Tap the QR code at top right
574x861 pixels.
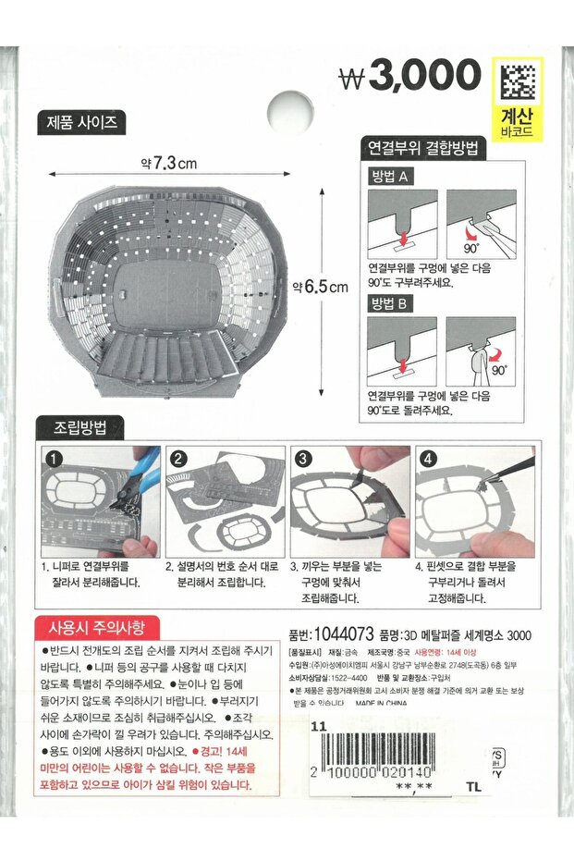tap(518, 82)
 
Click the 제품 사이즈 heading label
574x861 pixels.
tap(80, 123)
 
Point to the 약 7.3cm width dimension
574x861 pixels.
tap(169, 163)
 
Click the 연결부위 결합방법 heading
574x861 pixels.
tap(424, 147)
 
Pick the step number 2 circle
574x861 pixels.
tap(179, 459)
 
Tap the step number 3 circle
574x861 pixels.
tap(304, 459)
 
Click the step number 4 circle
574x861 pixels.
tap(429, 459)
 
